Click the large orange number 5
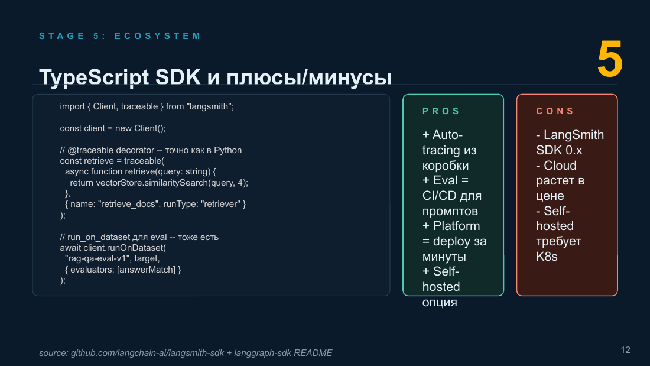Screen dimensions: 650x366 coord(610,59)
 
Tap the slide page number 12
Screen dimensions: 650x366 coord(626,350)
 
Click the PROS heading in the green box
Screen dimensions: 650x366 coord(441,111)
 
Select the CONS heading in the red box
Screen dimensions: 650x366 coord(555,111)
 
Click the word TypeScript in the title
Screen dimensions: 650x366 coord(94,77)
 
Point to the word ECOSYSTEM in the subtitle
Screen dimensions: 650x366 coord(158,36)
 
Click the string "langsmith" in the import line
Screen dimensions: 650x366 coord(209,106)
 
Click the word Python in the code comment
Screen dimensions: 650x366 coord(227,150)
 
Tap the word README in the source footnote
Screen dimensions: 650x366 coord(313,353)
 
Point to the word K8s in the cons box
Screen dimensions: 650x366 coord(547,257)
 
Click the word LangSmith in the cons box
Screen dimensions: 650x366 coord(574,135)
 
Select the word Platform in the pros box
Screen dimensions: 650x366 coord(456,226)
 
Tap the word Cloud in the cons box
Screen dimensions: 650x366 coord(560,165)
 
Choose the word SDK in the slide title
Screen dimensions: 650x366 coord(178,77)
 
